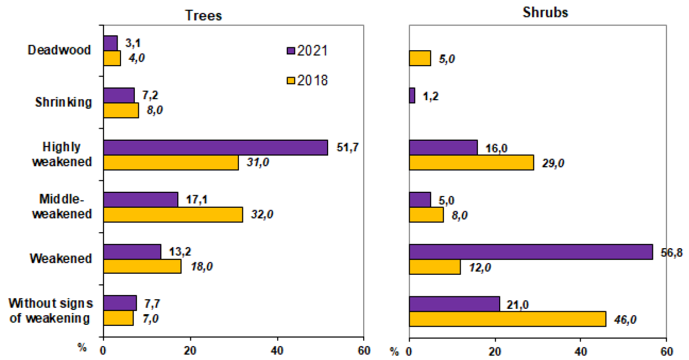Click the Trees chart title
pyautogui.click(x=204, y=15)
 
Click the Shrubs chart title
pyautogui.click(x=545, y=13)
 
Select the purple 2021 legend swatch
pyautogui.click(x=290, y=51)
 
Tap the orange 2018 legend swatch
pyautogui.click(x=290, y=80)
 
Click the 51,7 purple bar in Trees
pyautogui.click(x=215, y=147)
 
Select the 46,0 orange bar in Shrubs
pyautogui.click(x=507, y=319)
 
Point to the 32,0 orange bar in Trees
pyautogui.click(x=173, y=214)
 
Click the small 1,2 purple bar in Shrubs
pyautogui.click(x=412, y=95)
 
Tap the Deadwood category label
pyautogui.click(x=59, y=50)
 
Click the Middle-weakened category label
pyautogui.click(x=65, y=207)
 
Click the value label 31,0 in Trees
pyautogui.click(x=258, y=163)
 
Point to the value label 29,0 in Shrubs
pyautogui.click(x=552, y=163)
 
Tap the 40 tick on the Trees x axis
pyautogui.click(x=277, y=350)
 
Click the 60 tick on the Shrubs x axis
pyautogui.click(x=666, y=350)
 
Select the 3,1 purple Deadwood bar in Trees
pyautogui.click(x=110, y=43)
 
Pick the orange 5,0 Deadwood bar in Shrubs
pyautogui.click(x=420, y=58)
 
